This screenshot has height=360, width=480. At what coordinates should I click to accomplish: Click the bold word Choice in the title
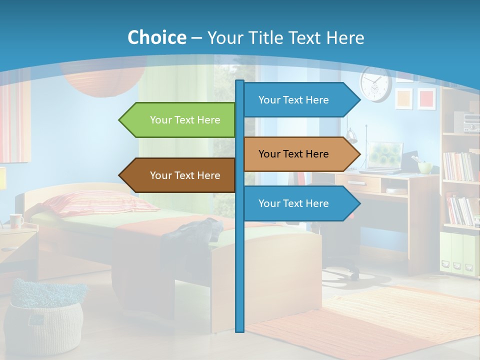tap(156, 37)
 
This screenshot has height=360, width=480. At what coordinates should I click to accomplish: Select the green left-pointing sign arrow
tap(178, 120)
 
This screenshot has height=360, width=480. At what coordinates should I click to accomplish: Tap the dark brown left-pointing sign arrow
tap(178, 175)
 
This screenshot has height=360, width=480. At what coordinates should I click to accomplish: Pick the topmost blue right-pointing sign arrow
tap(300, 100)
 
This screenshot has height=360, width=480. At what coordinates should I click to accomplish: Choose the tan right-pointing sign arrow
tap(300, 154)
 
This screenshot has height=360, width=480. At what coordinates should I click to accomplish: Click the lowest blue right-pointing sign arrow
tap(300, 203)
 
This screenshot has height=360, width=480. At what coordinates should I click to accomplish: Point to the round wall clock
tap(375, 84)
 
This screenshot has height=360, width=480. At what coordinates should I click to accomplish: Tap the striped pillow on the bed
tap(90, 202)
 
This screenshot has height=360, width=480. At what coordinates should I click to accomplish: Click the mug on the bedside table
tap(16, 220)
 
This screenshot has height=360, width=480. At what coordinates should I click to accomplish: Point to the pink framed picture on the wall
tap(426, 98)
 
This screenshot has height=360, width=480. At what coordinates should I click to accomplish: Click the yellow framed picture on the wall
tap(403, 98)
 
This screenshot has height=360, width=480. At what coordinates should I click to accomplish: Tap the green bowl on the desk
tap(425, 167)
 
